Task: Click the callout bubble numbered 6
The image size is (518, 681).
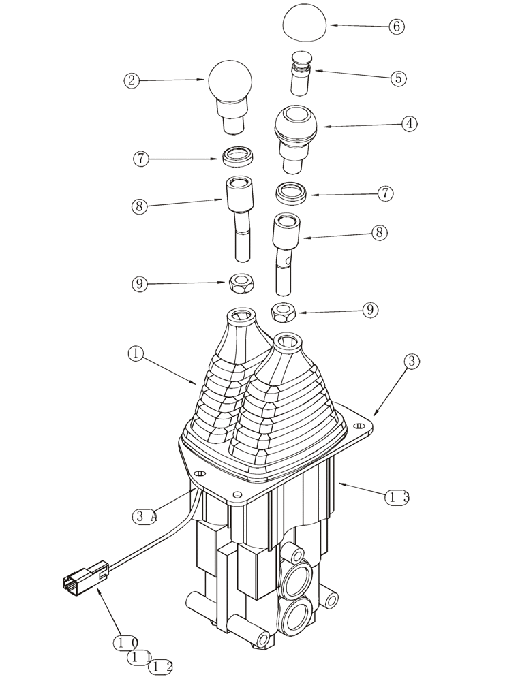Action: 397,27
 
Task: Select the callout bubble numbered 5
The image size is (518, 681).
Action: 398,78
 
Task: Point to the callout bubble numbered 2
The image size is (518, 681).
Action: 132,80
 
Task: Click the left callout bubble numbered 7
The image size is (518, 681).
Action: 141,159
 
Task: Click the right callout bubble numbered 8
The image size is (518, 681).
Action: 380,233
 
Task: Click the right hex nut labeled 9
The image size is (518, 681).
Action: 282,313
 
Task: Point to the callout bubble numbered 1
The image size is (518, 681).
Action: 136,353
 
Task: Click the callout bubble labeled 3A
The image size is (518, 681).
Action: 144,516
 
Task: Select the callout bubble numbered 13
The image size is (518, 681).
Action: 397,498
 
